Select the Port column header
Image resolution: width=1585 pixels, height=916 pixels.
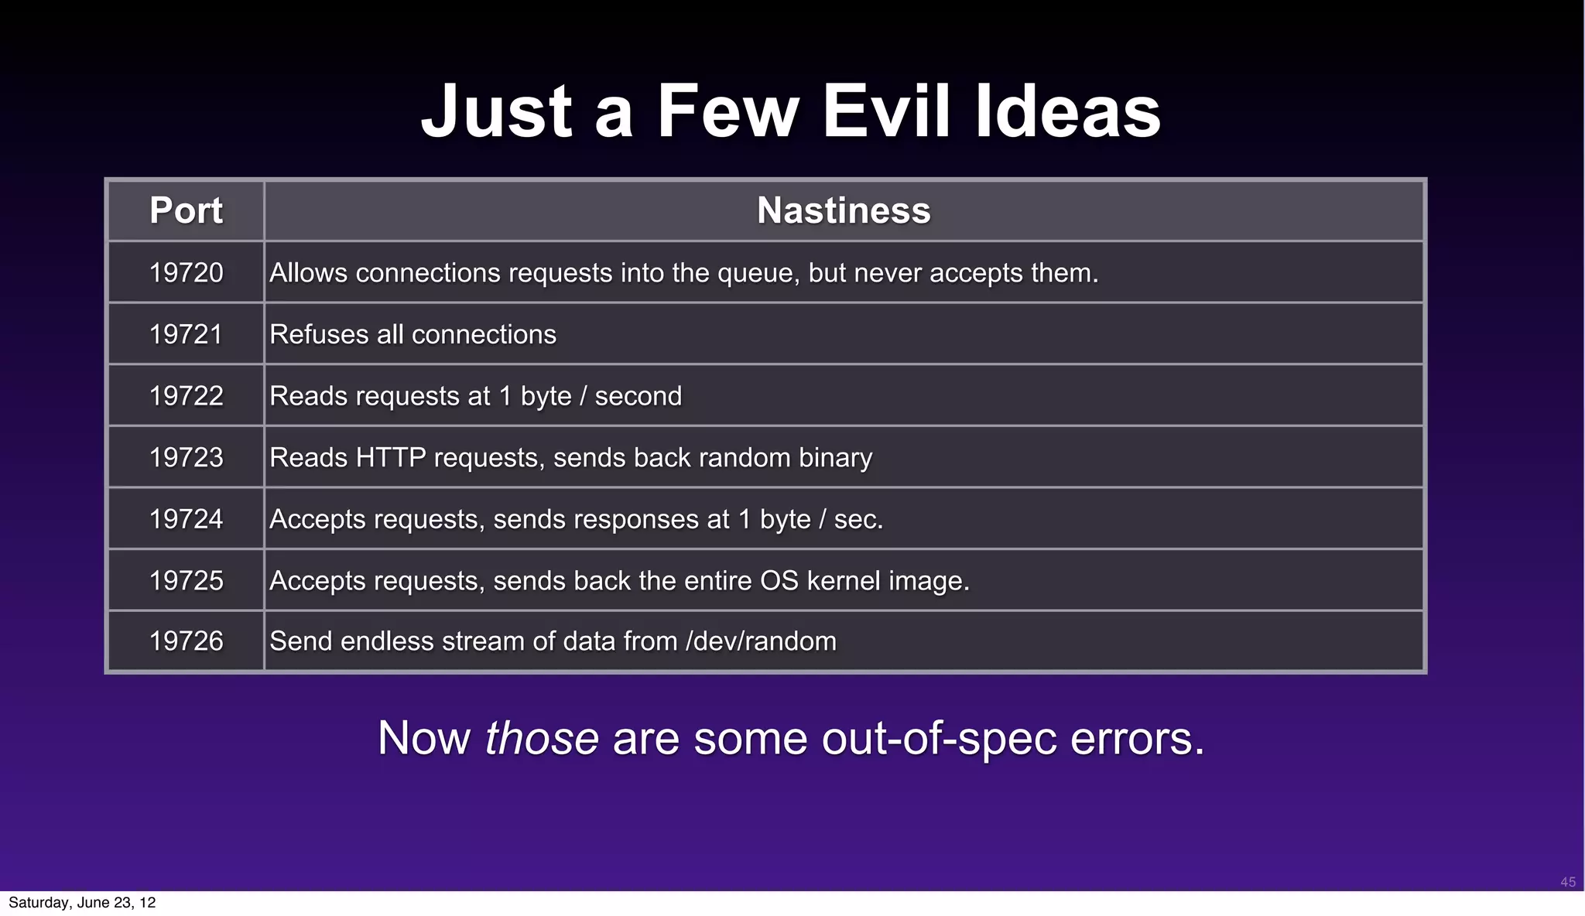(186, 210)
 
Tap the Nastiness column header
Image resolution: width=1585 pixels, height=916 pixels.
(844, 210)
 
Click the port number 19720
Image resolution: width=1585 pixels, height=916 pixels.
(186, 272)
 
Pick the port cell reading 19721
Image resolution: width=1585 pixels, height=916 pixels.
(186, 334)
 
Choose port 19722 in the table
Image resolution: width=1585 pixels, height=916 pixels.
(186, 395)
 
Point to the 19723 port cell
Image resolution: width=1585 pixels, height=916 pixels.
(186, 457)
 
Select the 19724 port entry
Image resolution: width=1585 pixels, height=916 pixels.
(186, 518)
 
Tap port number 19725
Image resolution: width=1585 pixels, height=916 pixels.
(186, 580)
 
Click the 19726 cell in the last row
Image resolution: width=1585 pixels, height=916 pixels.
(186, 641)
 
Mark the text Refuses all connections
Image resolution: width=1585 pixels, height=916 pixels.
(413, 334)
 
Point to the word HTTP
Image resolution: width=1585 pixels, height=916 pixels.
(390, 457)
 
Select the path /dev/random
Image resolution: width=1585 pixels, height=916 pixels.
(761, 641)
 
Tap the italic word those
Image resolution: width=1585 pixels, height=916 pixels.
(541, 737)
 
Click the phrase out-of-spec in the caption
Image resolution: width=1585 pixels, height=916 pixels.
(939, 739)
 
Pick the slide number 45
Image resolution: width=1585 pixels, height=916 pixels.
(1568, 882)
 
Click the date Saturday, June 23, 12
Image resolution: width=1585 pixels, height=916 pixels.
(82, 903)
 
